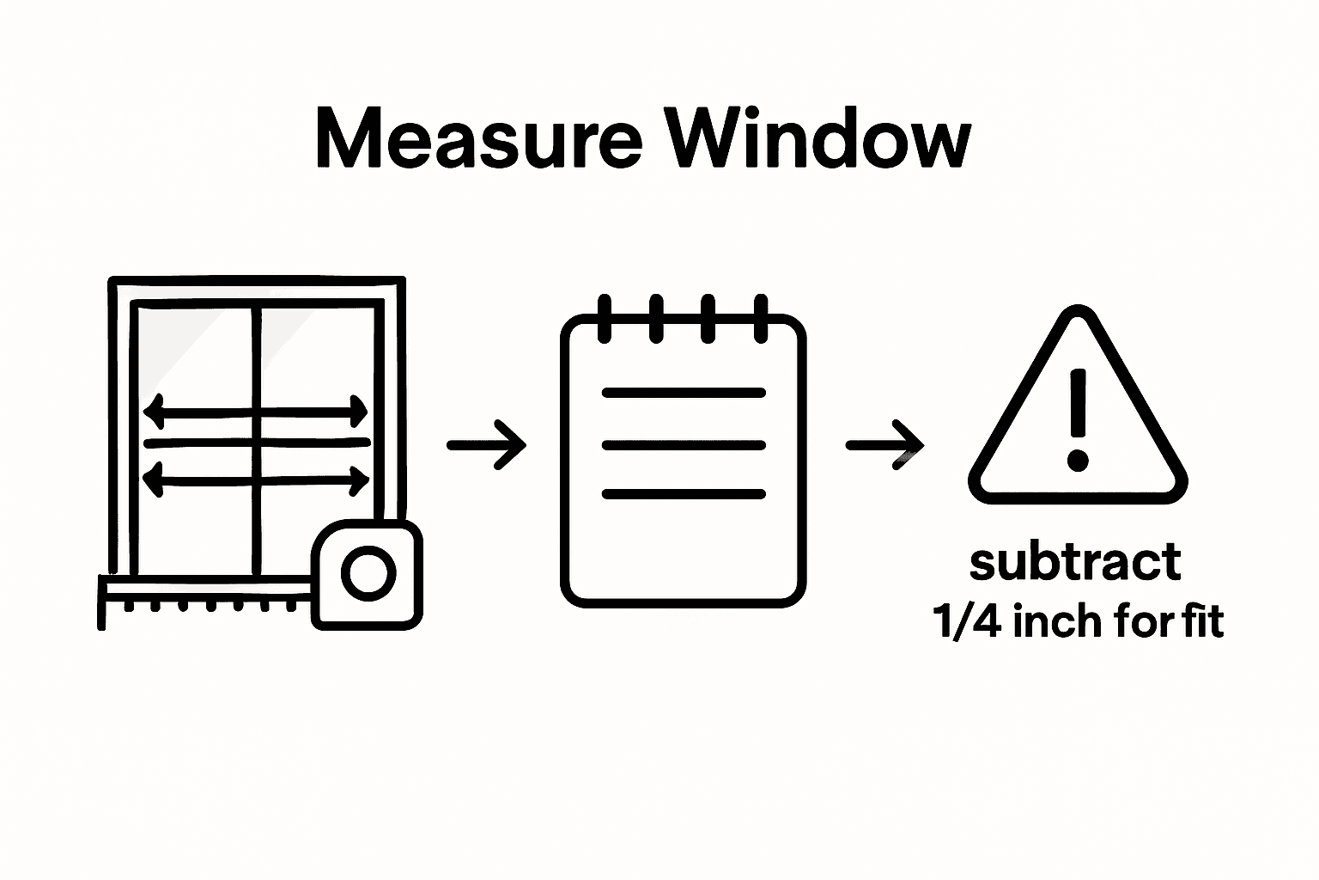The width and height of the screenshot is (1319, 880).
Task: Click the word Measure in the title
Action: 478,139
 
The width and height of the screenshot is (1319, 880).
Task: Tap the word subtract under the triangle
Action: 1075,563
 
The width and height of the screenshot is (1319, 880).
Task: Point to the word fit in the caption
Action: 1202,620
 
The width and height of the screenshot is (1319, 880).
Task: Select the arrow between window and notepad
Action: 487,444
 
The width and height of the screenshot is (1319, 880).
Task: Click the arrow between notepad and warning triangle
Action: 885,444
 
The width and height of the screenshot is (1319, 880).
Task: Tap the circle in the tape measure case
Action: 368,572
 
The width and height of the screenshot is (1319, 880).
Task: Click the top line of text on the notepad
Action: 684,393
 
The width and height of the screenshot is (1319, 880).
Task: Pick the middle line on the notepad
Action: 684,445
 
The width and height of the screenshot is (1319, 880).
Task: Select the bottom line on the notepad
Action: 684,494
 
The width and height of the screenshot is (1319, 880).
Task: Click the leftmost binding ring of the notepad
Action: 604,318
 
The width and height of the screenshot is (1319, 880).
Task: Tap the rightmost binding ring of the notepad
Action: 760,318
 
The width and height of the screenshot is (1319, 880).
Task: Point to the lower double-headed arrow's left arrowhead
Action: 153,479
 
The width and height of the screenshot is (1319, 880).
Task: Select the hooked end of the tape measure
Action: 102,602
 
